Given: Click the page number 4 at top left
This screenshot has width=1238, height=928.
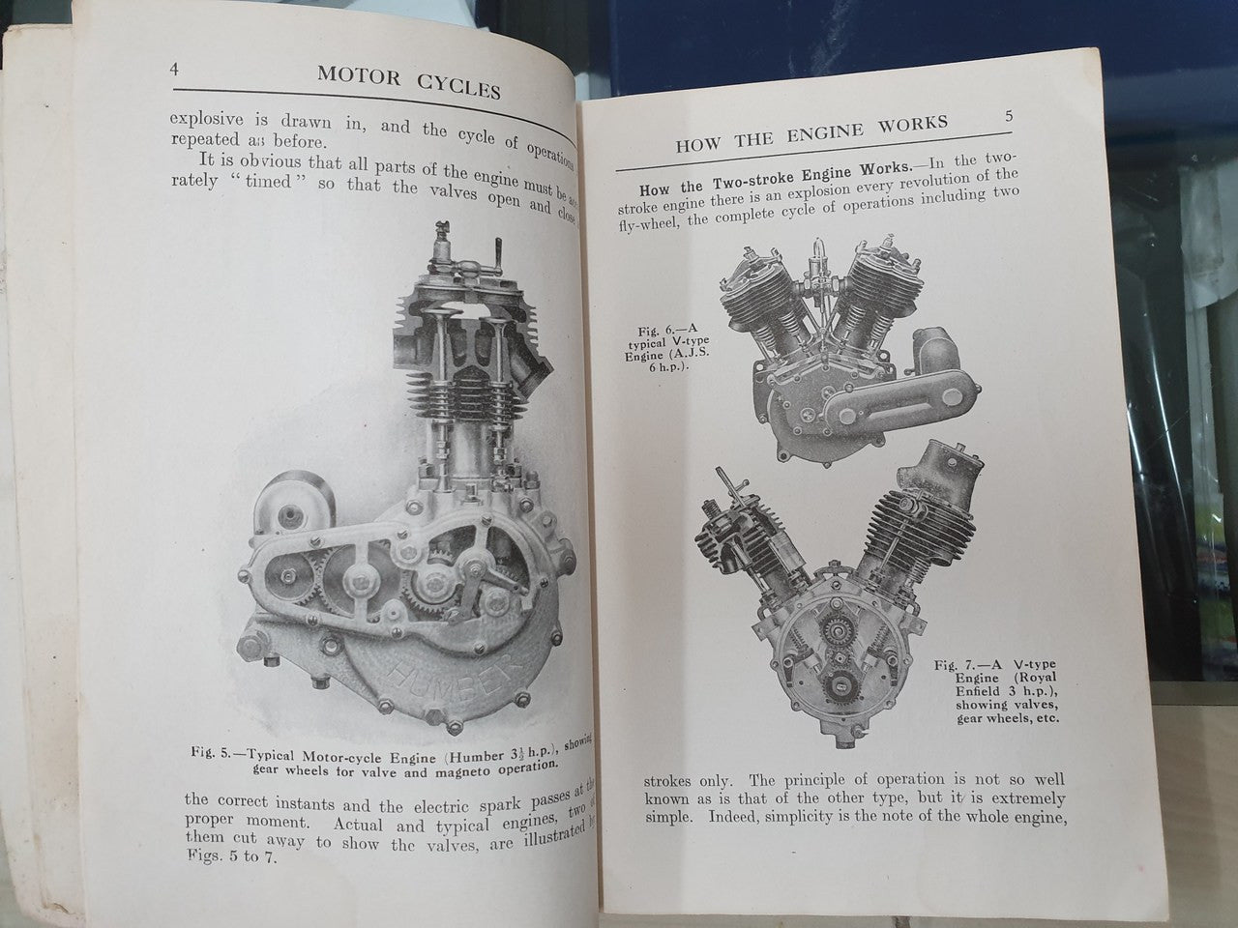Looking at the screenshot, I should (x=175, y=70).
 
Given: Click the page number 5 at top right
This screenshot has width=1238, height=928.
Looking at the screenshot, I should (x=1008, y=116).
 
